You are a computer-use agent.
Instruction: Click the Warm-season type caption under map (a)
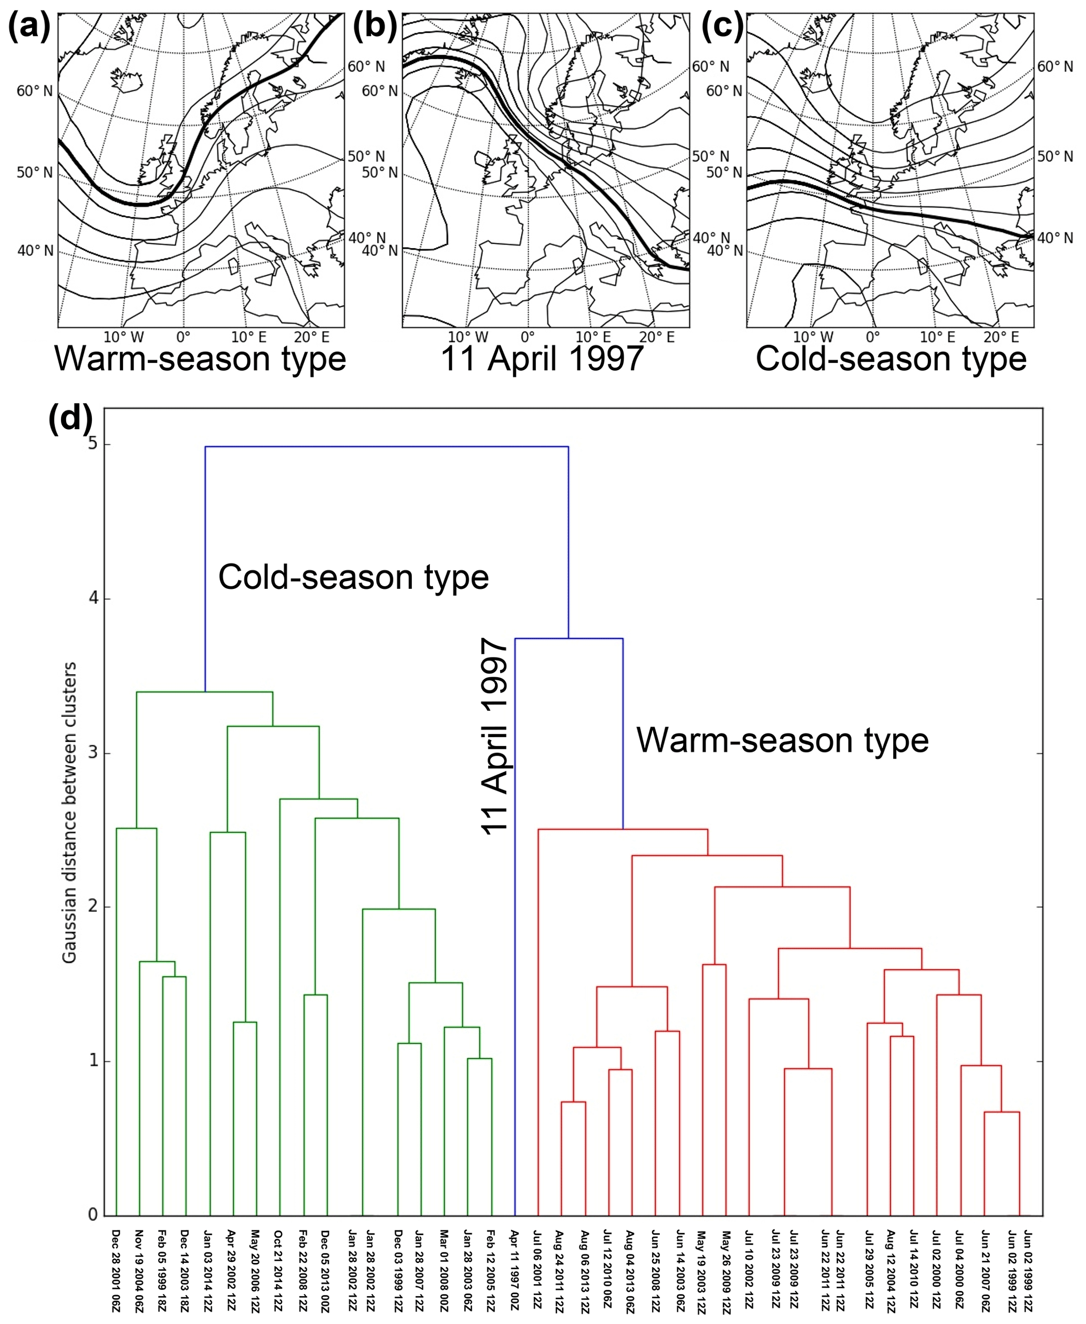[200, 359]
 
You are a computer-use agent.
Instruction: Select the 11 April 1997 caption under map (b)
[542, 359]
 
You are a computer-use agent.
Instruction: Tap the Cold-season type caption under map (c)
[891, 359]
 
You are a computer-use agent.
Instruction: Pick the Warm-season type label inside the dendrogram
[782, 740]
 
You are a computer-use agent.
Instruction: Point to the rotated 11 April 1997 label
[495, 736]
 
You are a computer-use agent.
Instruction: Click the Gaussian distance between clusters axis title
[69, 813]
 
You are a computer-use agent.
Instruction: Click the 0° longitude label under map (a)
[183, 338]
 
